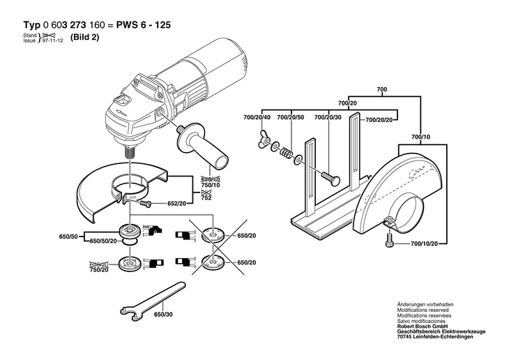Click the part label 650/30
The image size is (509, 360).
(x=163, y=315)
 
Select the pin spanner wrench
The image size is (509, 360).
(x=153, y=301)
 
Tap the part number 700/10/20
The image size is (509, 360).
(x=424, y=243)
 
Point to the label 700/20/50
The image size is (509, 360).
(x=291, y=117)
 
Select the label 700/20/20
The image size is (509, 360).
(x=379, y=119)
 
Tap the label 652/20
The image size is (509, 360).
(x=176, y=204)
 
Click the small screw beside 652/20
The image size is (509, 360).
(x=146, y=204)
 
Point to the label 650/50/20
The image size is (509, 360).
(x=103, y=241)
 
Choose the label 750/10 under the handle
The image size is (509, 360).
(x=211, y=185)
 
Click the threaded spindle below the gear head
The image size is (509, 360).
(x=129, y=152)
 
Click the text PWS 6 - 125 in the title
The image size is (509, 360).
(x=143, y=24)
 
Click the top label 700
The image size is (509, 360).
(x=382, y=89)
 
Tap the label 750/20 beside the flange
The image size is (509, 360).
(x=99, y=270)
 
